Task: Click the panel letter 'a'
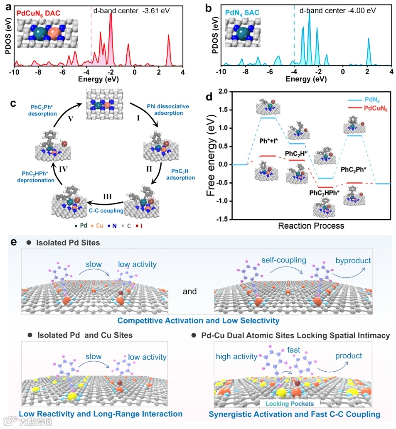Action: pos(7,6)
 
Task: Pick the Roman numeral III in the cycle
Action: pos(107,196)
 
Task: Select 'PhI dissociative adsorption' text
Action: pos(167,110)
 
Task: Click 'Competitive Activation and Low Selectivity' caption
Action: pos(198,321)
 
